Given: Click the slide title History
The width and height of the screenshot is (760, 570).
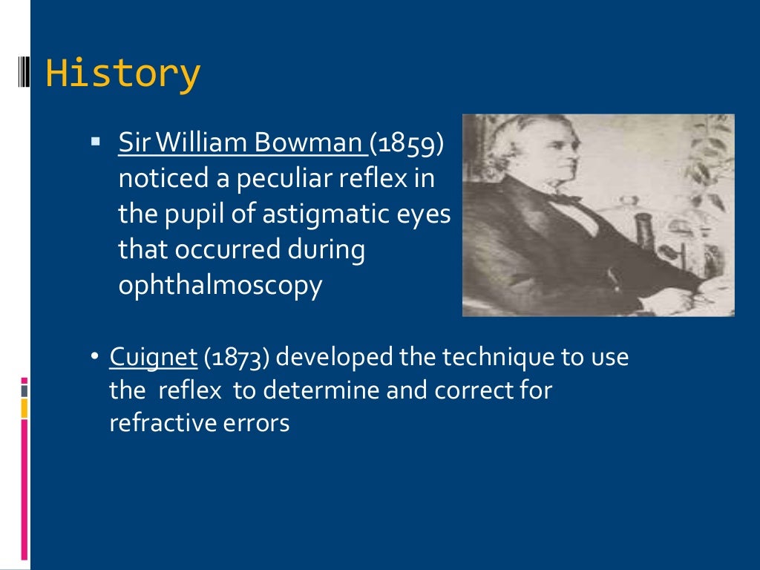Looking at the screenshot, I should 122,74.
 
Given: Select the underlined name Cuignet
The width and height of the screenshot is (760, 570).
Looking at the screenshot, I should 153,357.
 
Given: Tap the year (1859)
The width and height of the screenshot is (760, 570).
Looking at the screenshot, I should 407,142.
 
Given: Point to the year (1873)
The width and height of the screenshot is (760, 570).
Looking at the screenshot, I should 236,357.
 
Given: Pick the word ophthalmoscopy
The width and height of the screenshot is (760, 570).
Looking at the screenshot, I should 220,286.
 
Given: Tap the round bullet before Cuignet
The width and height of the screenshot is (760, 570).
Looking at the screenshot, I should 94,357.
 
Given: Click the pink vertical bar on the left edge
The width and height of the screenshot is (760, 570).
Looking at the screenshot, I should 24,490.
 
